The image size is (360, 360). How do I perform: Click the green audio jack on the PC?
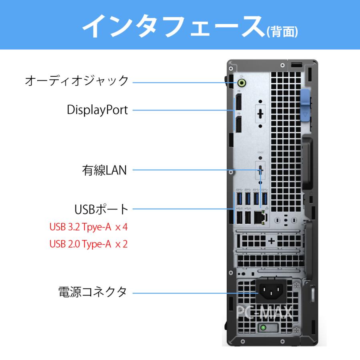pyautogui.click(x=242, y=82)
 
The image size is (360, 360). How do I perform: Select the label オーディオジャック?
pyautogui.click(x=77, y=80)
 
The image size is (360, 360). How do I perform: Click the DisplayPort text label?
pyautogui.click(x=98, y=110)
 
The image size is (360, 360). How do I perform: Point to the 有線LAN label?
pyautogui.click(x=104, y=171)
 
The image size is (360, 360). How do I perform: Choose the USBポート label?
pyautogui.click(x=102, y=209)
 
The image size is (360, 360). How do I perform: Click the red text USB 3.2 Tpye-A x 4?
pyautogui.click(x=88, y=227)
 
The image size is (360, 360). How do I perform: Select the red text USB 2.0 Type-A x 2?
pyautogui.click(x=88, y=244)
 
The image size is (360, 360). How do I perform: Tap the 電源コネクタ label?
pyautogui.click(x=92, y=292)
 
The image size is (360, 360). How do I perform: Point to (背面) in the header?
pyautogui.click(x=283, y=32)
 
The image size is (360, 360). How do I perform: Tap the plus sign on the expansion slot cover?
pyautogui.click(x=272, y=241)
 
